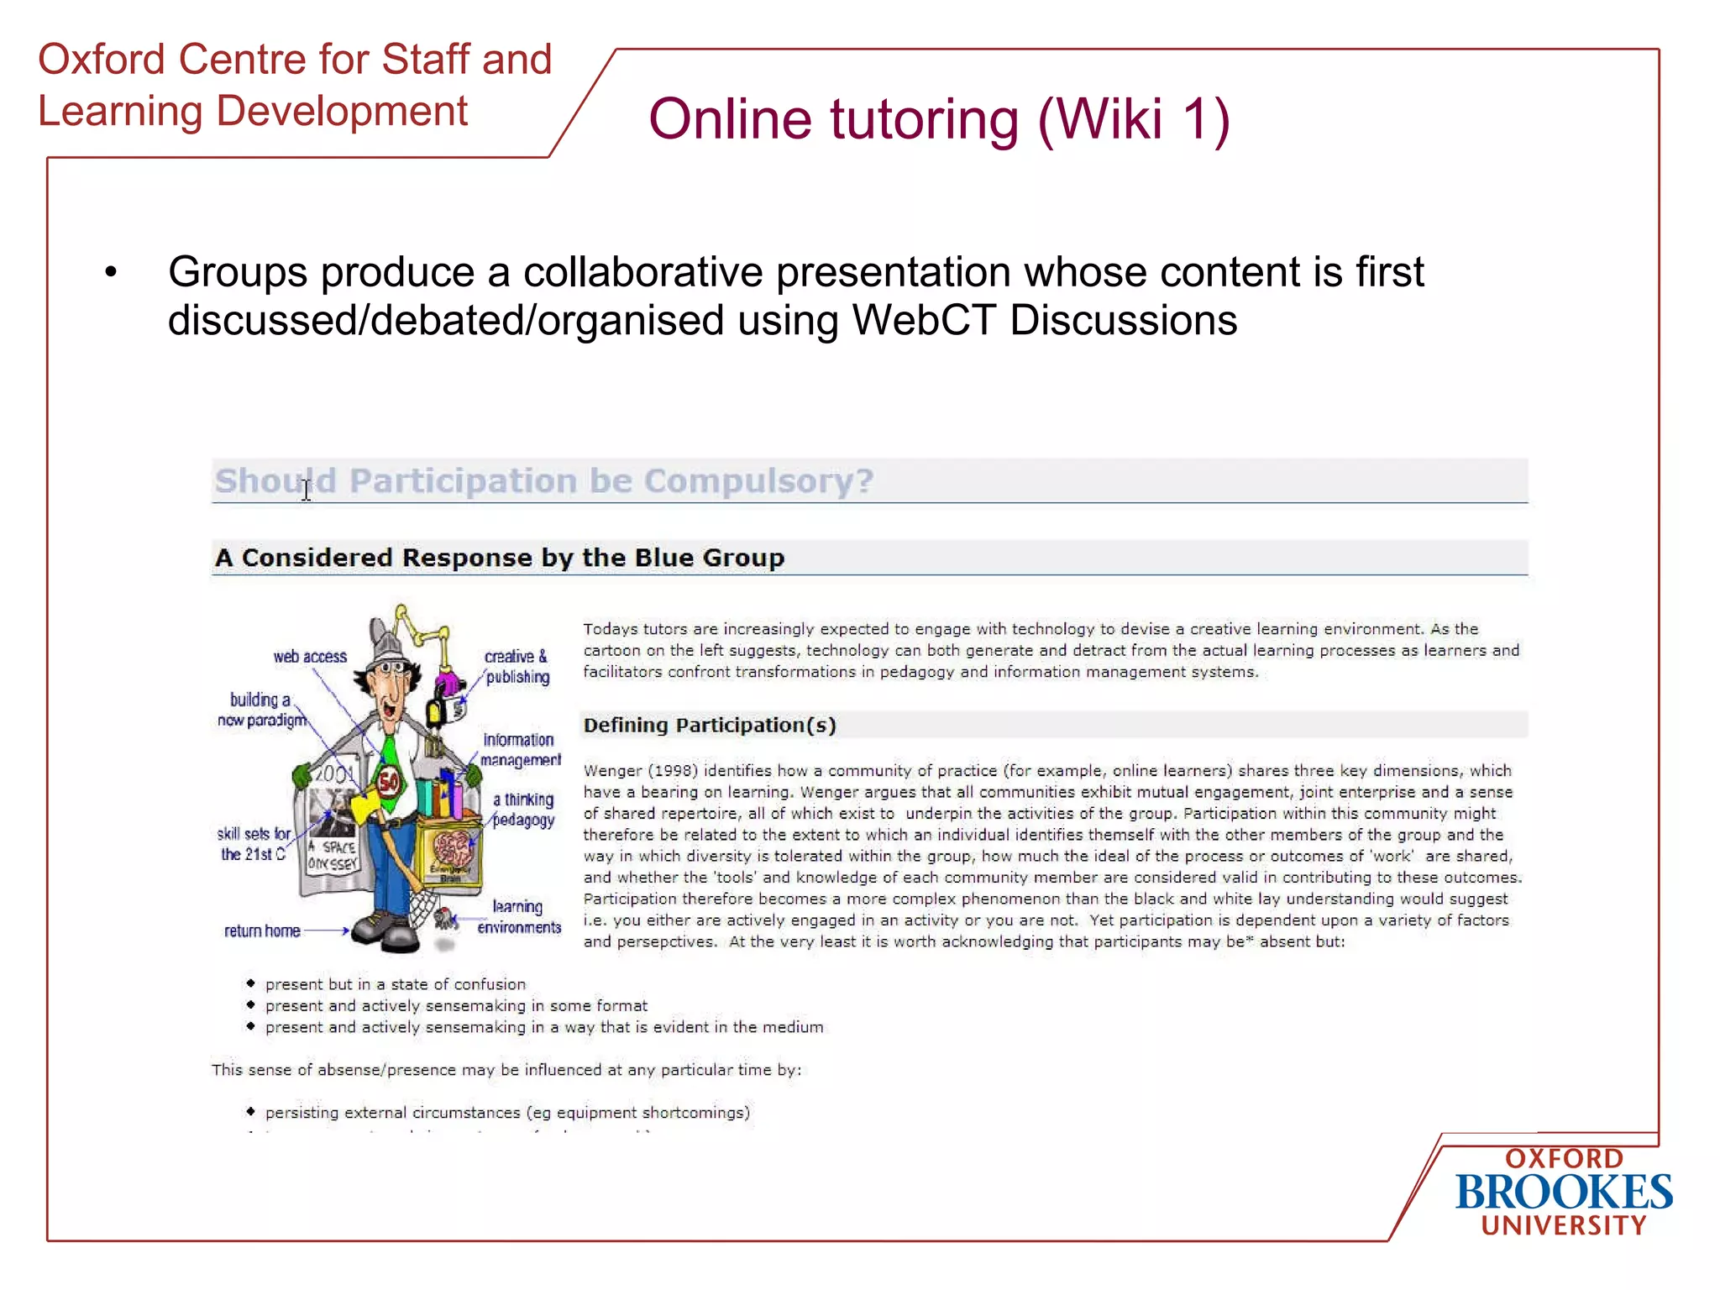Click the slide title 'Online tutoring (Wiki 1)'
[x=939, y=119]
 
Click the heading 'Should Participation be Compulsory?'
[x=544, y=481]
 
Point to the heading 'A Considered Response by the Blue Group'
[x=500, y=558]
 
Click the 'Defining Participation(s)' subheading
[x=710, y=726]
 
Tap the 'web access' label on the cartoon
[x=310, y=657]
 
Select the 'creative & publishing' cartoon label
[x=517, y=667]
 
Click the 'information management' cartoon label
[x=520, y=750]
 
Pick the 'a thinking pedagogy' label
[x=523, y=810]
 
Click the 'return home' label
[x=262, y=931]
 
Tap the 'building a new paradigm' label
[x=261, y=710]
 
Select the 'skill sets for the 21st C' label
[x=254, y=844]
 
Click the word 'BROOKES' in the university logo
[x=1564, y=1193]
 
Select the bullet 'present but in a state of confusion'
[x=396, y=984]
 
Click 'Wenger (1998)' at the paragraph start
[x=641, y=771]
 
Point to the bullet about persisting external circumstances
[x=507, y=1113]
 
